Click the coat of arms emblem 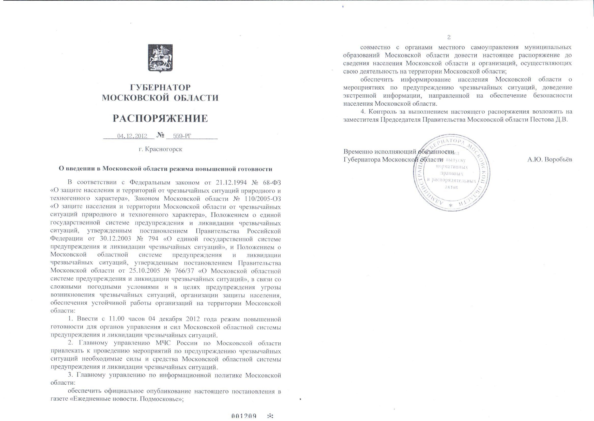(x=160, y=58)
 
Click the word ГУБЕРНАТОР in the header (x=160, y=87)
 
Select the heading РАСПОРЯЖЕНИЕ (x=160, y=118)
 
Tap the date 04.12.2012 (x=132, y=136)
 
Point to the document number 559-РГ (x=182, y=136)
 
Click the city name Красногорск (x=164, y=149)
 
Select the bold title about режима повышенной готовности (x=166, y=169)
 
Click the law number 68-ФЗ (x=272, y=183)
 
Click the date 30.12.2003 (x=116, y=239)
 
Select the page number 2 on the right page (x=449, y=37)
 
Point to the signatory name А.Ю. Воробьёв (x=550, y=159)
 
